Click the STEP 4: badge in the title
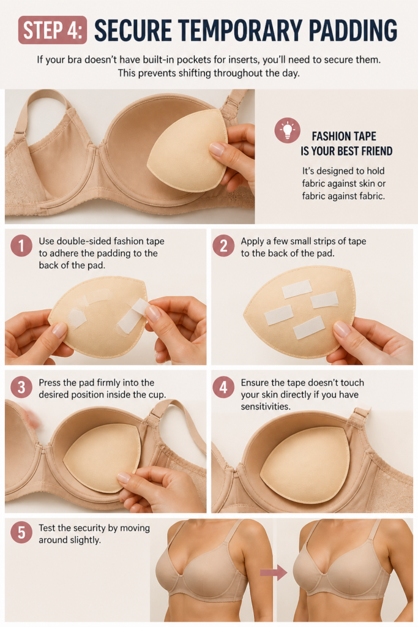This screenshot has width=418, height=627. pos(53,30)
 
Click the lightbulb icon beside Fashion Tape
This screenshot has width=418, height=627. pos(287,130)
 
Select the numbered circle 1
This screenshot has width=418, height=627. pos(21,245)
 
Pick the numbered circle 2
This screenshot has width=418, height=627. pos(224,245)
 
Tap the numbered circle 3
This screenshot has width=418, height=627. pos(21,387)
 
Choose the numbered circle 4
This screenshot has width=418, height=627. pos(224,387)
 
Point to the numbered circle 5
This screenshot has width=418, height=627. pos(21,532)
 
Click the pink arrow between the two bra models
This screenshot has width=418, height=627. pos(274,573)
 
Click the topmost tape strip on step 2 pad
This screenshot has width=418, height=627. pos(297,289)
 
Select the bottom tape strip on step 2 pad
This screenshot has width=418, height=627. pos(308,327)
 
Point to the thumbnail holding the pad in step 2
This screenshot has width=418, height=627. pos(341,329)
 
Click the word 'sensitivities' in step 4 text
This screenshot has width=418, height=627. pos(266,407)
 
